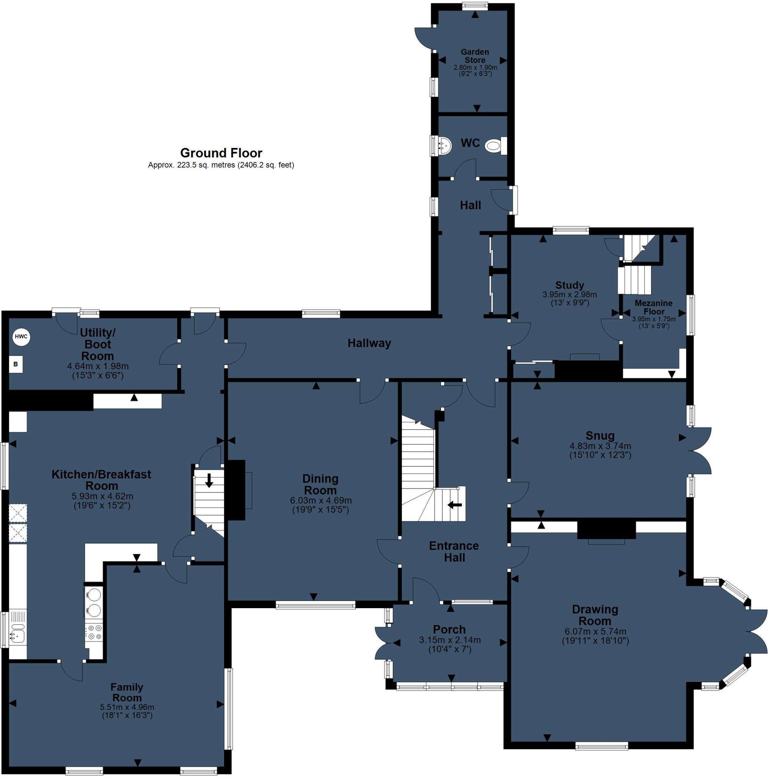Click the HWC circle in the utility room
point(21,337)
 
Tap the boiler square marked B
point(16,364)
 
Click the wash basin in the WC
point(444,146)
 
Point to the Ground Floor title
point(221,153)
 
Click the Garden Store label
point(475,56)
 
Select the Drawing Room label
point(595,615)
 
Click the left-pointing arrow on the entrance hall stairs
point(455,504)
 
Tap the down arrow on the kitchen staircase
point(209,480)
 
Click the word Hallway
point(369,343)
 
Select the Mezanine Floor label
point(654,307)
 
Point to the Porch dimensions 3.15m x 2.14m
point(449,640)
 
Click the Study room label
point(570,286)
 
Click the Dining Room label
point(320,484)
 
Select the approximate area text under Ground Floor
point(221,165)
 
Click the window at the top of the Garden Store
point(475,6)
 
